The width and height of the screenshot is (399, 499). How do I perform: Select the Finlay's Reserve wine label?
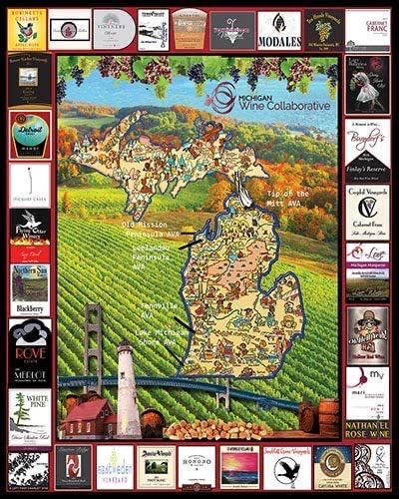(367, 144)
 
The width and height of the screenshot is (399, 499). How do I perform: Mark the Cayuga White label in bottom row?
(332, 466)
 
